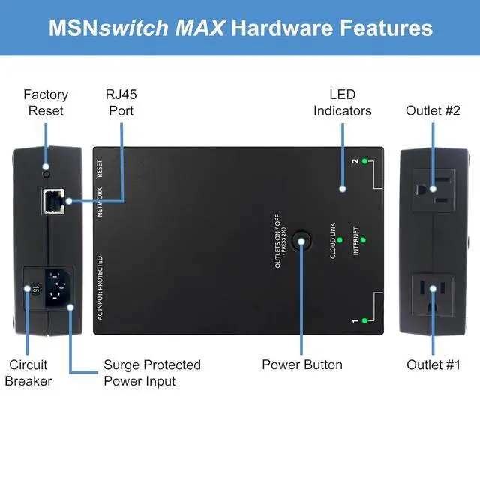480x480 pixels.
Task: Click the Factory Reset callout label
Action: (x=46, y=103)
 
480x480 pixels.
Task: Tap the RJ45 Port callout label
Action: (x=120, y=103)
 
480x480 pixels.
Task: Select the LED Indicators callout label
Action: (x=342, y=103)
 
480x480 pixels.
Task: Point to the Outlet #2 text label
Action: (x=433, y=110)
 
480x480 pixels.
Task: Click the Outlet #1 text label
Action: (x=433, y=364)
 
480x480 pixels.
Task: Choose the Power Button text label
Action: (x=302, y=364)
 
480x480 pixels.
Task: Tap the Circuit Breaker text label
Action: (x=28, y=373)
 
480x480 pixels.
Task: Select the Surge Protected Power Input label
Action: (x=152, y=373)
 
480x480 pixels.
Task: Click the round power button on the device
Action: (x=302, y=241)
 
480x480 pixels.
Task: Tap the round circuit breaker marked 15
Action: (x=34, y=287)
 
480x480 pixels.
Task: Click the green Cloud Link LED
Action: (x=340, y=240)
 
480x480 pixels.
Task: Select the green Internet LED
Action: (x=363, y=240)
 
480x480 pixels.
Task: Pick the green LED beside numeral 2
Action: (x=364, y=161)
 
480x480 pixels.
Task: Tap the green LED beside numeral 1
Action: (x=364, y=320)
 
